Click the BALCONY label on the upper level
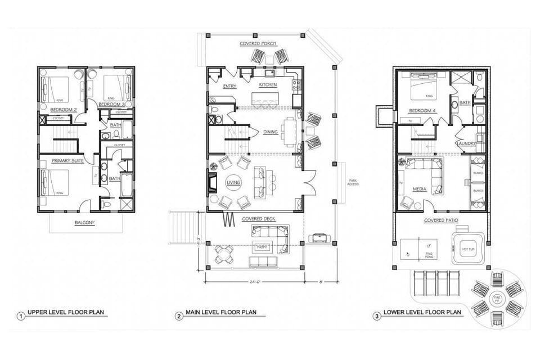point(84,223)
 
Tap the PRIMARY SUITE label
point(68,160)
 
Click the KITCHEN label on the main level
point(268,84)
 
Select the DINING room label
point(271,132)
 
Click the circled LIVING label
point(233,183)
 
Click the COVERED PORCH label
point(256,43)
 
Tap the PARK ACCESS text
point(353,183)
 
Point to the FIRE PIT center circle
point(497,295)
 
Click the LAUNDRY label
point(466,143)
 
